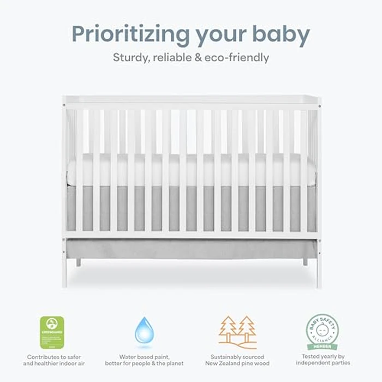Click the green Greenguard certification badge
[x=52, y=332]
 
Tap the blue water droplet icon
[x=144, y=331]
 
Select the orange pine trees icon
[x=238, y=332]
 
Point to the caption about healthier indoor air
[x=52, y=359]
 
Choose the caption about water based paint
[x=144, y=359]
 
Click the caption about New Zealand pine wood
[x=237, y=359]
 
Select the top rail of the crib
[x=191, y=101]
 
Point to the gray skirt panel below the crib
[x=191, y=249]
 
